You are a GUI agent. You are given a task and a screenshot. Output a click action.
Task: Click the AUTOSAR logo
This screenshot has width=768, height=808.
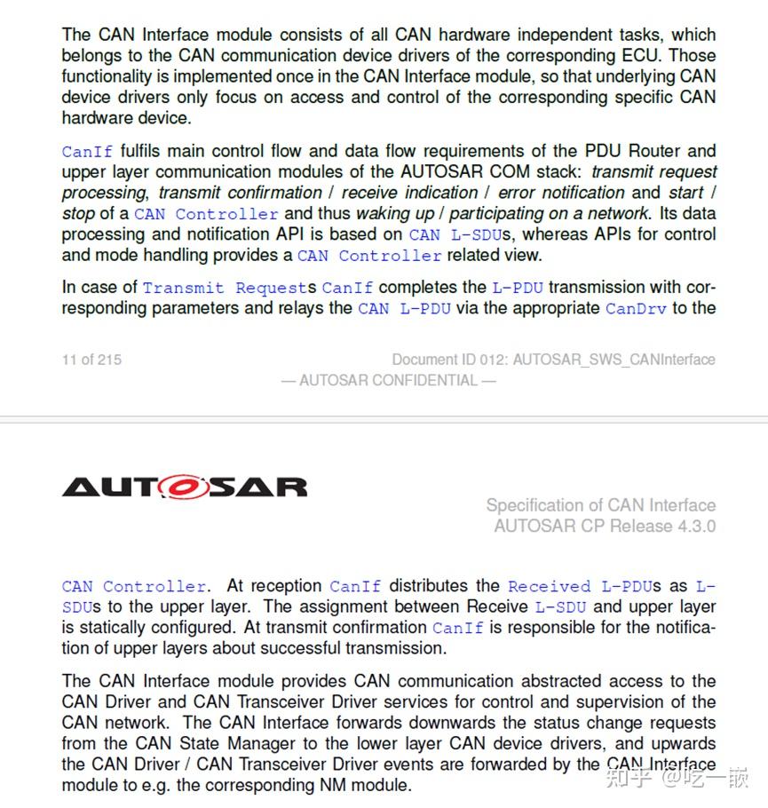click(185, 487)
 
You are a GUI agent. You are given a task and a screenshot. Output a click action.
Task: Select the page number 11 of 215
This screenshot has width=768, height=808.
click(91, 360)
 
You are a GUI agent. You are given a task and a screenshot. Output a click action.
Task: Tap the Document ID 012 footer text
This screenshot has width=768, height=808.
click(553, 360)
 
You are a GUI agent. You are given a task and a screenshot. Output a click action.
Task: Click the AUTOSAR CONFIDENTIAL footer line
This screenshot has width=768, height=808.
click(388, 381)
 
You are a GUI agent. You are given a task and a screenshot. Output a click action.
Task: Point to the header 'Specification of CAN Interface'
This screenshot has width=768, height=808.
click(600, 505)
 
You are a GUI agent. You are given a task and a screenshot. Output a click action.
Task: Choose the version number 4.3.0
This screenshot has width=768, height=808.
click(695, 526)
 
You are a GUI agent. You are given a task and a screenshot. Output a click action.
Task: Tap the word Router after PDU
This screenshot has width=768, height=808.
click(656, 151)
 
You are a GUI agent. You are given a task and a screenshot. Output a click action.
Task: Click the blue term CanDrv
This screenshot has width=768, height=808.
click(636, 309)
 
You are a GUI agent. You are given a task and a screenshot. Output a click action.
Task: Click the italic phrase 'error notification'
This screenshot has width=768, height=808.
click(560, 193)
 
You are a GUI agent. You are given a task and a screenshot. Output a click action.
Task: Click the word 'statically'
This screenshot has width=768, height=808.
click(101, 628)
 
